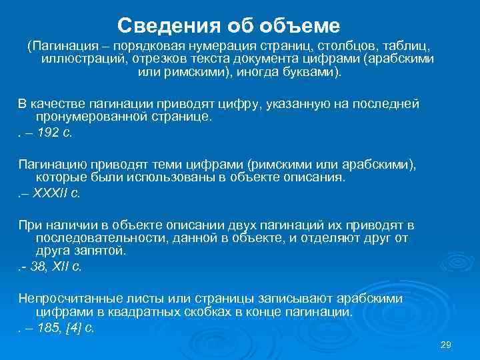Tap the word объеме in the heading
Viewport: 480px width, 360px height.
306,26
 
